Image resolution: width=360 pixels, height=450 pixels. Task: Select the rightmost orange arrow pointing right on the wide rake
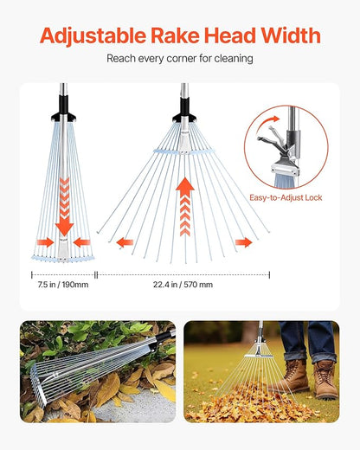pos(243,242)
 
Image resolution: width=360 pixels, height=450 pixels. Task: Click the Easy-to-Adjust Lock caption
pos(286,198)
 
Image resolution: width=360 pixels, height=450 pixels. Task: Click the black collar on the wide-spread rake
pos(184,113)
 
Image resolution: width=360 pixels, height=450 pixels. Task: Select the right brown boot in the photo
pos(326,381)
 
